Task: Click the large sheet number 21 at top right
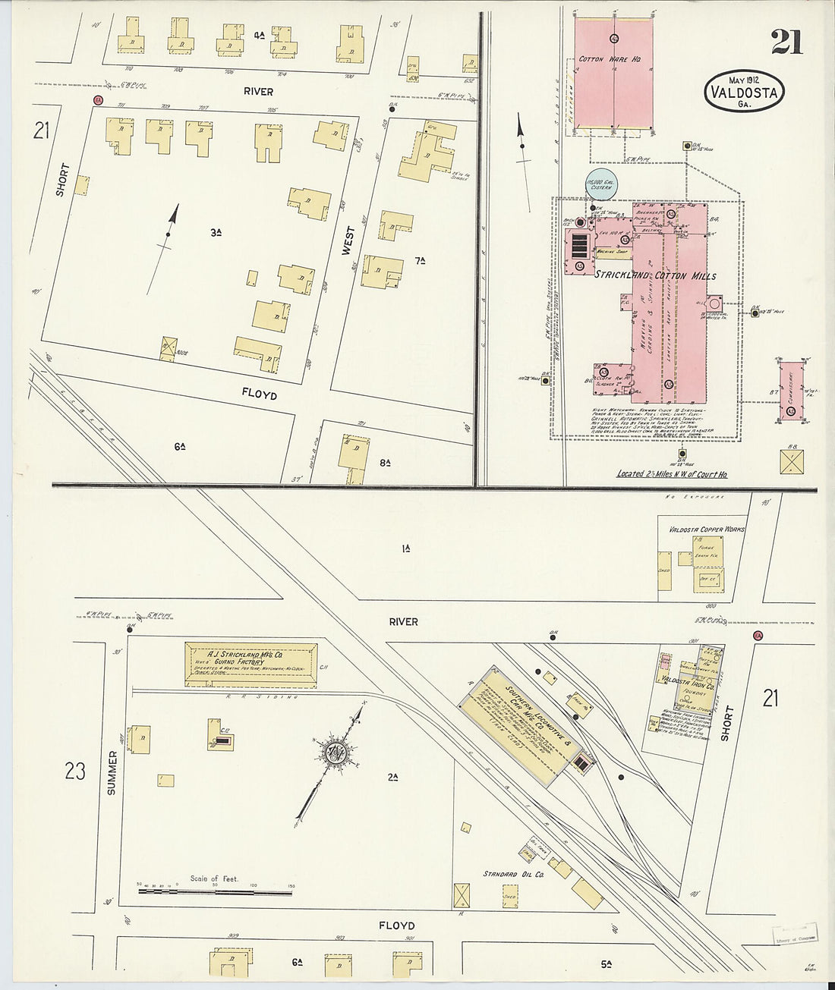[x=787, y=42]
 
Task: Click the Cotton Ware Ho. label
[x=612, y=58]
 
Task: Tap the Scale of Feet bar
[x=215, y=892]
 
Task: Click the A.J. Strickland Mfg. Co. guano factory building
[x=251, y=664]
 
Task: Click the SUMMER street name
[x=113, y=774]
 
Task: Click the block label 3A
[x=216, y=233]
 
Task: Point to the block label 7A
[x=420, y=261]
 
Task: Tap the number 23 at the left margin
[x=75, y=772]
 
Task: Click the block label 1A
[x=406, y=548]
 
